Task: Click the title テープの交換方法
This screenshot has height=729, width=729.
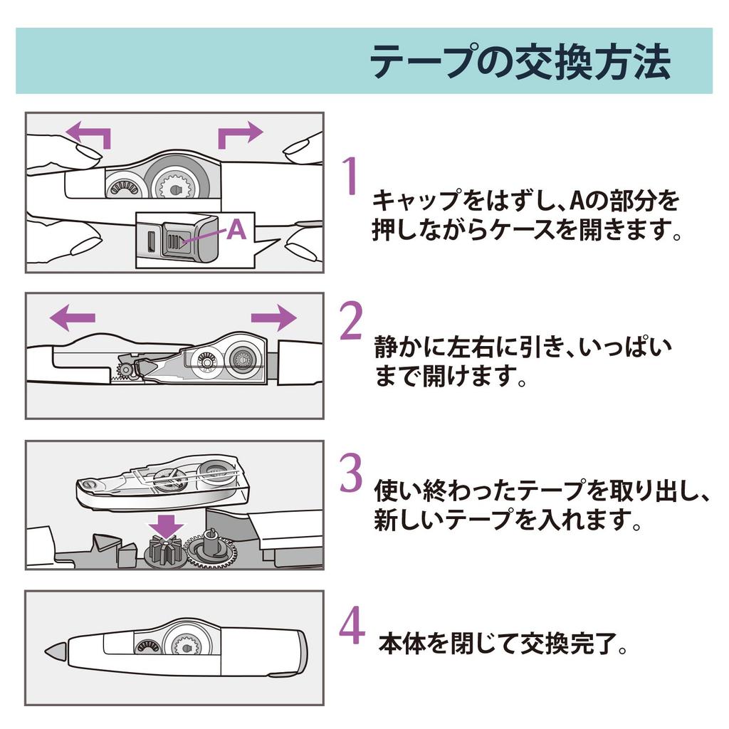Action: coord(520,63)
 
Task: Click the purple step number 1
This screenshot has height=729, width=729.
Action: coord(348,177)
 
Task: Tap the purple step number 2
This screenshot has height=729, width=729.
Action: coord(351,321)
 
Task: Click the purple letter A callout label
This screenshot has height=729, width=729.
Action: coord(236,230)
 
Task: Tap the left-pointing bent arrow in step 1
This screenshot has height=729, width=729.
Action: coord(89,134)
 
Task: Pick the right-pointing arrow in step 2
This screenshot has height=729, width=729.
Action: coord(274,317)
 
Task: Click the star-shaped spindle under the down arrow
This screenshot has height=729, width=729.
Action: coord(164,552)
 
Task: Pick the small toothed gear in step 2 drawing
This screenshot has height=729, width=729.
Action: coord(126,368)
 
